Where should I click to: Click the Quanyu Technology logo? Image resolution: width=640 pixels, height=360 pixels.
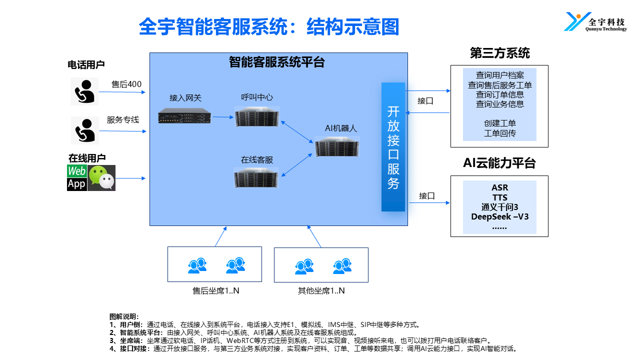pyautogui.click(x=595, y=22)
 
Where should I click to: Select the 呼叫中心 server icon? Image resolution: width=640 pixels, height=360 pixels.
pyautogui.click(x=257, y=116)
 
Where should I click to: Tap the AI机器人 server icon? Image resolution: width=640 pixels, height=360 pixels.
pyautogui.click(x=337, y=146)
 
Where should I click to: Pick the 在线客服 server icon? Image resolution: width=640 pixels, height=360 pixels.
pyautogui.click(x=257, y=178)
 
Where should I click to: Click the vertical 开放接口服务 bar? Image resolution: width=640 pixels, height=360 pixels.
pyautogui.click(x=393, y=147)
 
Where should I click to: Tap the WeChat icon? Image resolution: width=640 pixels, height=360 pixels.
pyautogui.click(x=101, y=178)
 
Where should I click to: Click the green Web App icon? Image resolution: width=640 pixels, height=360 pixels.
pyautogui.click(x=76, y=178)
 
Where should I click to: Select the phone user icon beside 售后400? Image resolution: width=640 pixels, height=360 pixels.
pyautogui.click(x=84, y=91)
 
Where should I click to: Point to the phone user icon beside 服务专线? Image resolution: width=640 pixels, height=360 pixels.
pyautogui.click(x=85, y=130)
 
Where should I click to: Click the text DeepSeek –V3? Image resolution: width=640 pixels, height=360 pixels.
pyautogui.click(x=499, y=216)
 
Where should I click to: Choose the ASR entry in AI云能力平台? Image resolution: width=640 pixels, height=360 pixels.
pyautogui.click(x=499, y=188)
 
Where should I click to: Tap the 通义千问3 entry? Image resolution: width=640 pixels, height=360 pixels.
pyautogui.click(x=499, y=207)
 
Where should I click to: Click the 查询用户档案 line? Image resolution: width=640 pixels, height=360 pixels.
pyautogui.click(x=499, y=75)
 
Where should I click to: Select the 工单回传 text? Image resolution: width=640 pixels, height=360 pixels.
pyautogui.click(x=499, y=133)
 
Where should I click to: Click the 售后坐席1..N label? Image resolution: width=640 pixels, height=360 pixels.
pyautogui.click(x=216, y=290)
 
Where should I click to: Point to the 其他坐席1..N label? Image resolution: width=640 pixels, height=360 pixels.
pyautogui.click(x=321, y=290)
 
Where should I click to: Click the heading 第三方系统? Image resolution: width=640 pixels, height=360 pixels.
pyautogui.click(x=499, y=53)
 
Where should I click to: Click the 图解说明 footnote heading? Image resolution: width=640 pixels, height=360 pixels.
pyautogui.click(x=125, y=316)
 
